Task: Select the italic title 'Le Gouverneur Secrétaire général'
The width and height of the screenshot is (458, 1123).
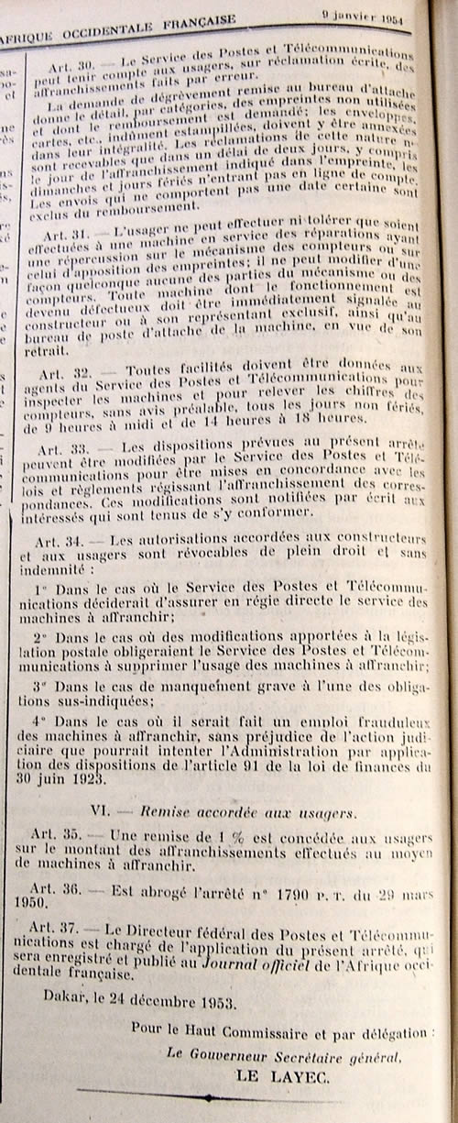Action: coord(284,1055)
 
